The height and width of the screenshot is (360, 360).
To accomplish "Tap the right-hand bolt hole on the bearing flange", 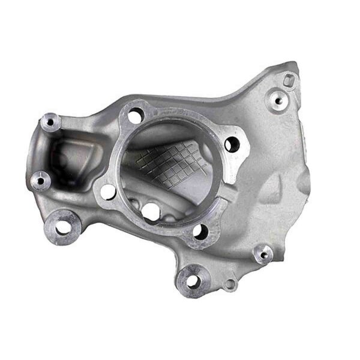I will tap(232, 144).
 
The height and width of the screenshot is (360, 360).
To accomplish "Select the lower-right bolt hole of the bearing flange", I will tap(200, 231).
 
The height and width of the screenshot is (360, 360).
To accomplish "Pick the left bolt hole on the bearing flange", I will tap(108, 192).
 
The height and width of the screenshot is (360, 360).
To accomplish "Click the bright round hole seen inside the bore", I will tap(151, 211).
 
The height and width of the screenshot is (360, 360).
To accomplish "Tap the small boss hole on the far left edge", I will tap(40, 179).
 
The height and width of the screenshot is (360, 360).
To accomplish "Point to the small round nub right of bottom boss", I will tap(230, 284).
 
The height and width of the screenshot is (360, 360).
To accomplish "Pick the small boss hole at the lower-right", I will tap(262, 254).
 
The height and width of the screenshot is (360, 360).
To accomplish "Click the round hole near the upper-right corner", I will tap(277, 100).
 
